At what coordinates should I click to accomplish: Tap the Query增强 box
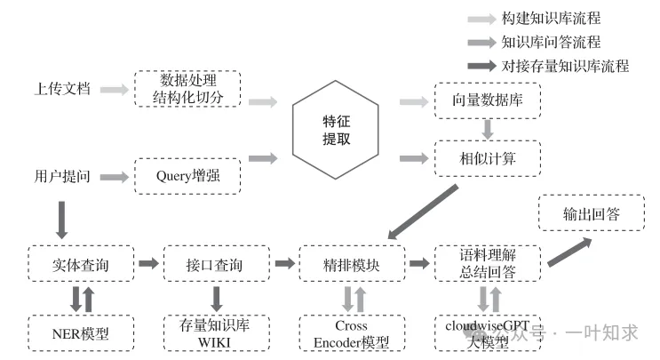(187, 177)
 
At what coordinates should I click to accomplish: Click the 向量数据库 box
(487, 100)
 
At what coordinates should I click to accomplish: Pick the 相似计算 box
(487, 158)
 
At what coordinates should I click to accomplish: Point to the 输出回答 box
(579, 213)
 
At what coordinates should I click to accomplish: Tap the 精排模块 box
(352, 263)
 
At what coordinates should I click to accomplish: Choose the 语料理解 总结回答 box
(487, 263)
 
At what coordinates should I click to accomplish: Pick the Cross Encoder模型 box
(352, 332)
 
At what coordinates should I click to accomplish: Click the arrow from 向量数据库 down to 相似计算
(487, 129)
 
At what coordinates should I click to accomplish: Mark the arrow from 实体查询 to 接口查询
(149, 263)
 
